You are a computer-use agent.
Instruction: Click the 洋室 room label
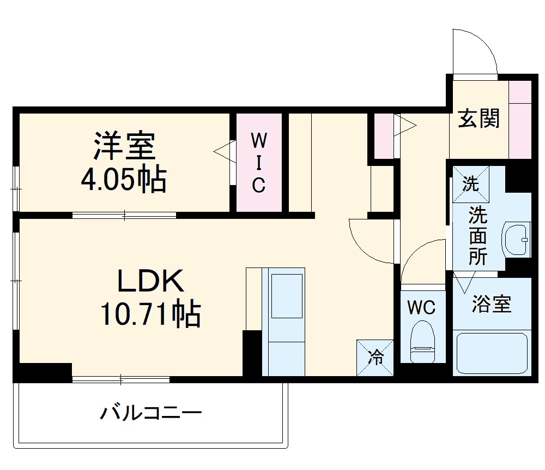(124, 145)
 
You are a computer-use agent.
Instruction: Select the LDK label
(150, 282)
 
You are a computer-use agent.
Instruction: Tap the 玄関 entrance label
(479, 118)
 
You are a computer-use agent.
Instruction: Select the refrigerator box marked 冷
(376, 358)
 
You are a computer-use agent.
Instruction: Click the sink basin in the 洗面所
(517, 239)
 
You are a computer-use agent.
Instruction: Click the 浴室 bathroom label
(492, 304)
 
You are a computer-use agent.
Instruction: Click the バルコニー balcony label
(150, 412)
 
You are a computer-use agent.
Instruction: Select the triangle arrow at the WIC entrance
(223, 152)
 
